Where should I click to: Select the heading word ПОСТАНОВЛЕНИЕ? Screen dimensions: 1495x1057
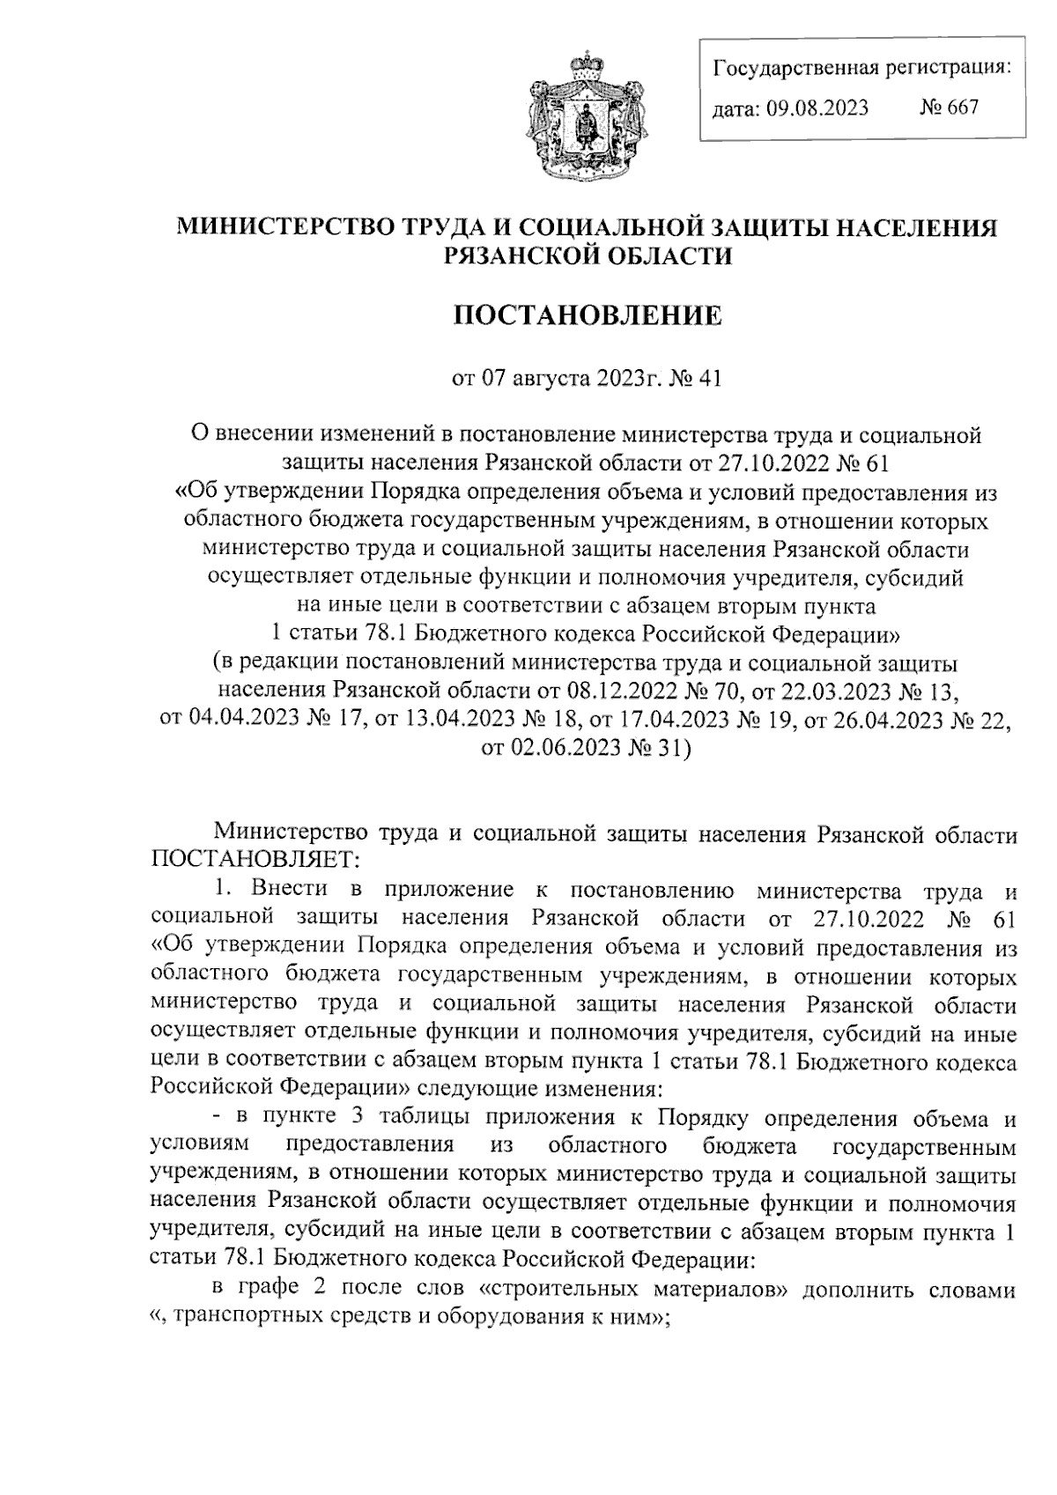tap(587, 315)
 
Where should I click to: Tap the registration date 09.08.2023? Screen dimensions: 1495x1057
tap(817, 107)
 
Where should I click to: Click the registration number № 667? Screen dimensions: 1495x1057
tap(949, 107)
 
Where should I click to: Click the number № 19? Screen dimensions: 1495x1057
tap(738, 718)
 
